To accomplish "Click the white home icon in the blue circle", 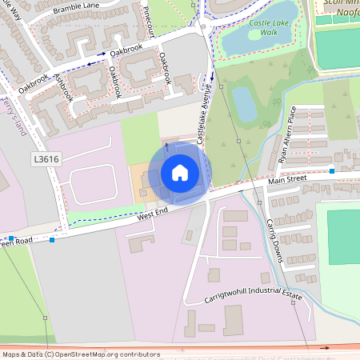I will [180, 173].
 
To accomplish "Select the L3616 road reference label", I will [46, 159].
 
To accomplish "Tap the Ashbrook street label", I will [63, 89].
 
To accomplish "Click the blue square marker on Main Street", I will [331, 170].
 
